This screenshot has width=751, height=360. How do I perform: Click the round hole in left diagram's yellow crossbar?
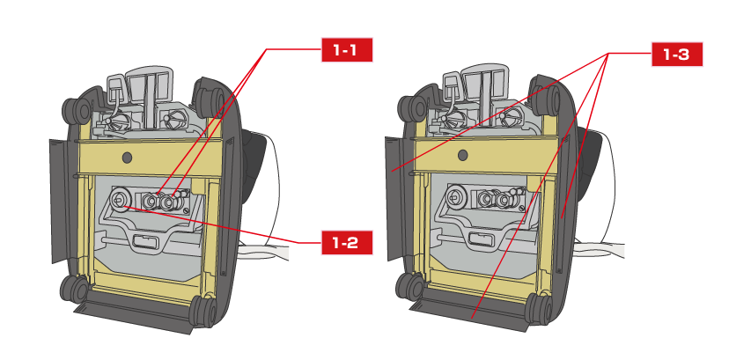click(127, 157)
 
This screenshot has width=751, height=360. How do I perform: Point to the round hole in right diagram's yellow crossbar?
click(460, 155)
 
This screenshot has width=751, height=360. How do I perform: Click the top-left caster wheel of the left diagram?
click(75, 110)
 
